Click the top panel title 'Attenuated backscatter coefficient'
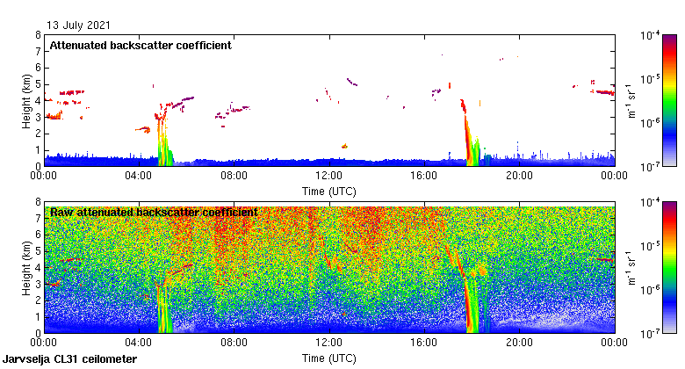click(x=141, y=45)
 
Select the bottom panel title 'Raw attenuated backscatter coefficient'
click(x=153, y=212)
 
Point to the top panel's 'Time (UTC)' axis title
click(x=329, y=191)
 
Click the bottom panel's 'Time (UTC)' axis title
click(x=329, y=358)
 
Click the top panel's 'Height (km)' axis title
click(x=28, y=100)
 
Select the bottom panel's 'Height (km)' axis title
click(x=28, y=267)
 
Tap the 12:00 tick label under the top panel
click(x=329, y=176)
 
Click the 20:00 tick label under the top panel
click(x=519, y=176)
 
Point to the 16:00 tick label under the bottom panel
click(x=424, y=343)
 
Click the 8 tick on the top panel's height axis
click(x=38, y=35)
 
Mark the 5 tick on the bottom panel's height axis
click(x=38, y=251)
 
